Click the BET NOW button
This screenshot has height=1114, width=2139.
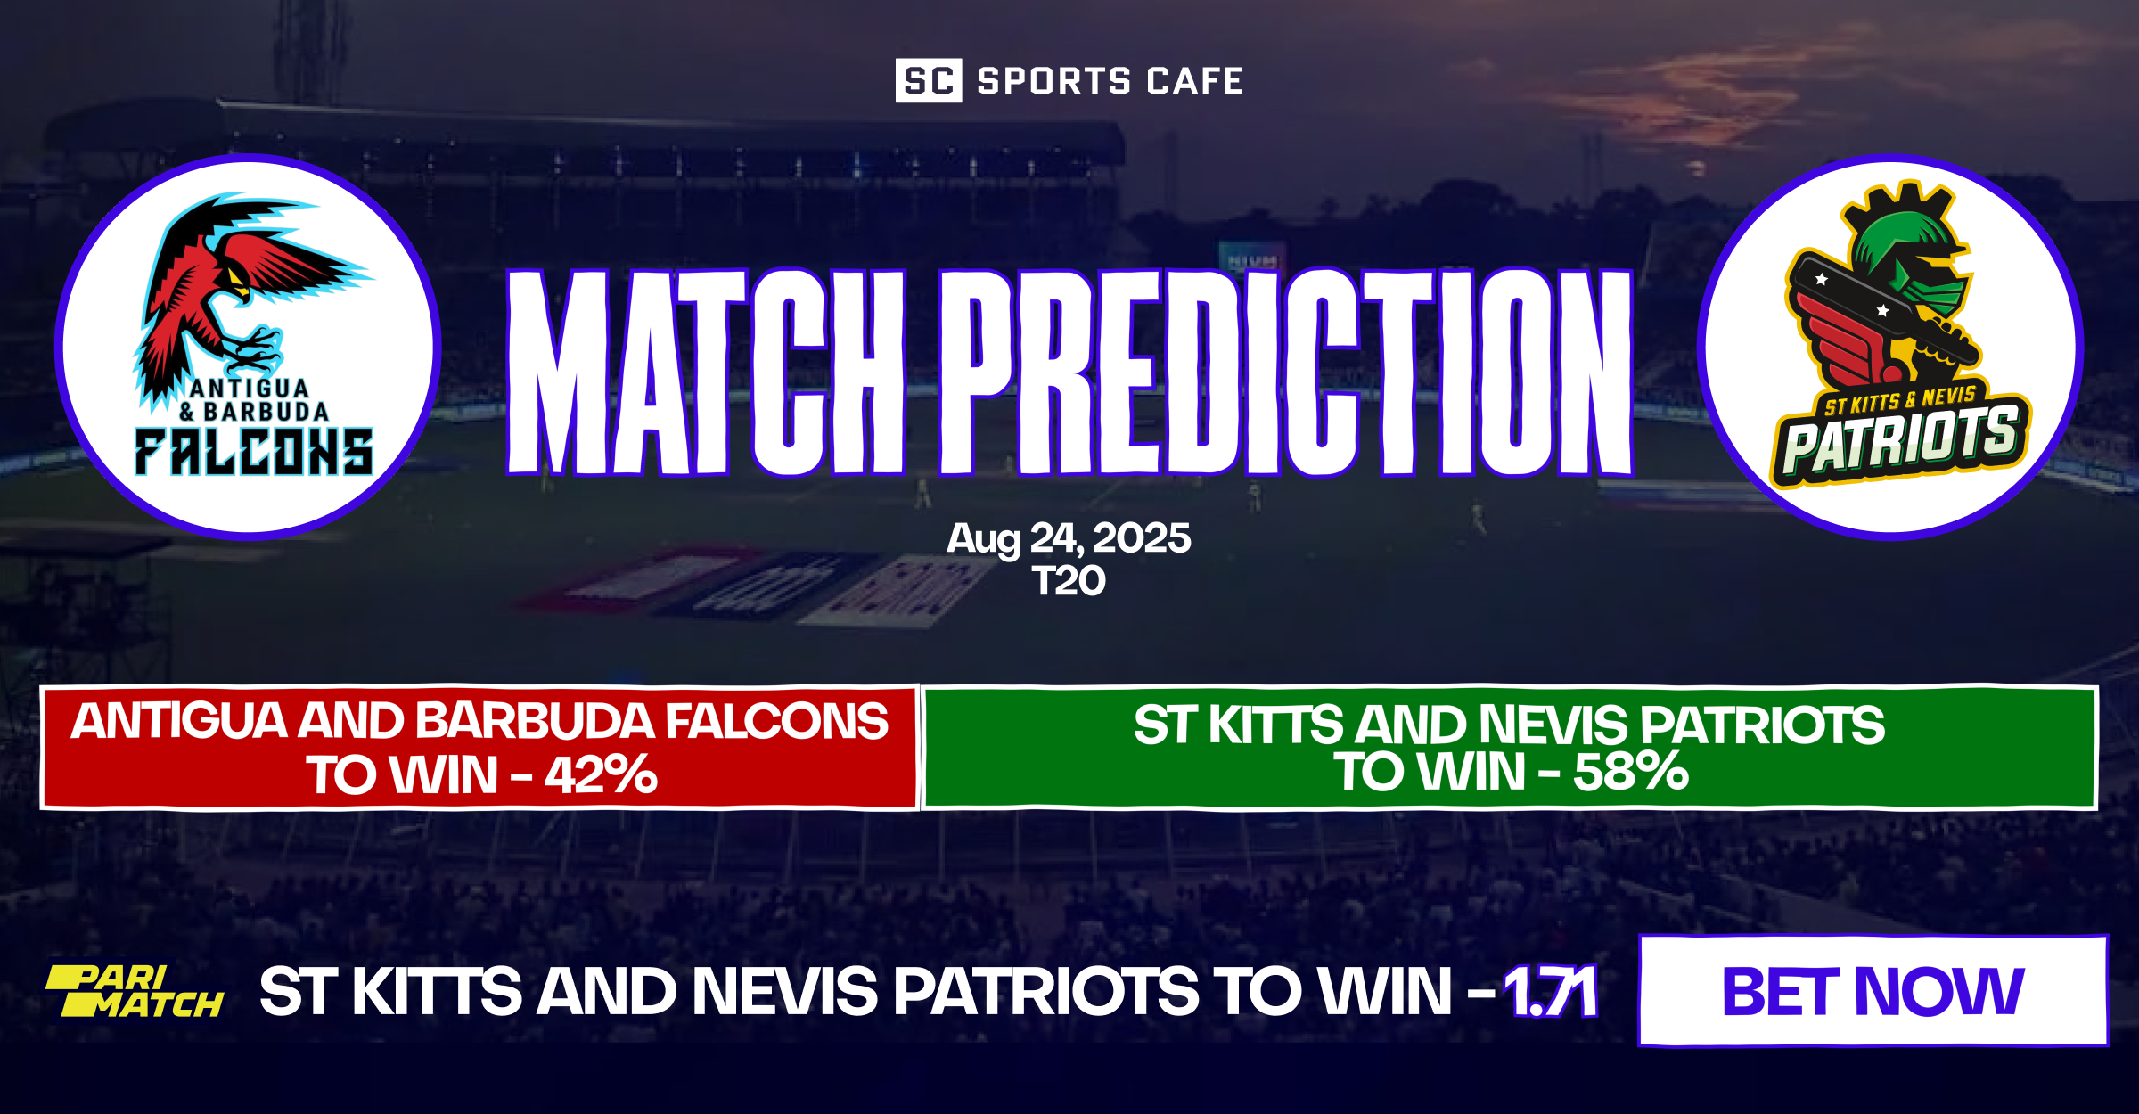1873,991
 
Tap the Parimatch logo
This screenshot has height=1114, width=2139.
135,991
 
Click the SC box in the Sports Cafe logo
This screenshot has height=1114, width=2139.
928,81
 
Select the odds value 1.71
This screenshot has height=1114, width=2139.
1551,992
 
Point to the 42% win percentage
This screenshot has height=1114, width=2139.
602,774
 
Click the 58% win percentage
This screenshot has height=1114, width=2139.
1631,772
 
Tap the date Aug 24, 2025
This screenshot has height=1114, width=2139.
1069,538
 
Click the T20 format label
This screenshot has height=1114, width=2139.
1069,581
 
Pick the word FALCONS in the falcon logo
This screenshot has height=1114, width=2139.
254,452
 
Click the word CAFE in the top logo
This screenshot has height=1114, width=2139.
1194,81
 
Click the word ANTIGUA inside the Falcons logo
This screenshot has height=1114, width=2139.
250,389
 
